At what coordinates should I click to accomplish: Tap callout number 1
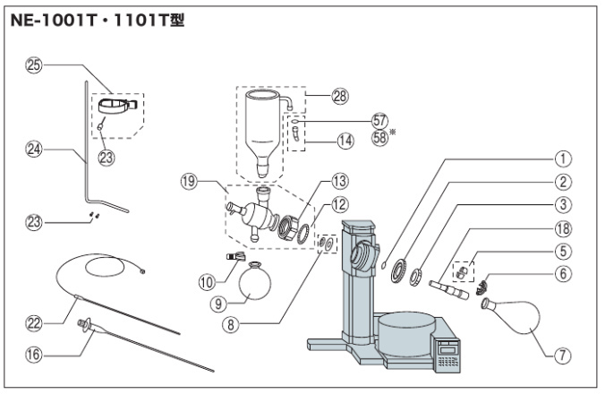point(562,158)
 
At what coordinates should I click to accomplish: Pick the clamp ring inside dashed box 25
point(116,105)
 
